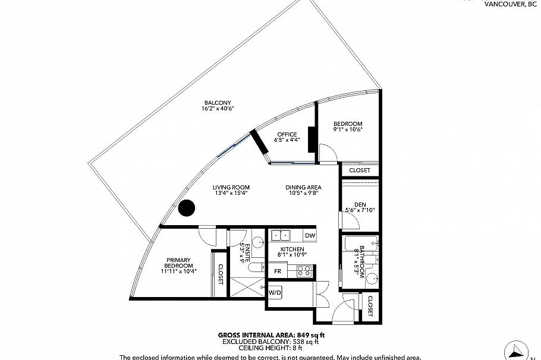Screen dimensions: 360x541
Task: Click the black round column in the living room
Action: point(187,208)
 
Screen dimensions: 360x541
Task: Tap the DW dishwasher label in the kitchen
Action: point(310,236)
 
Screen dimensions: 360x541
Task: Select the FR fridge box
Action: point(277,271)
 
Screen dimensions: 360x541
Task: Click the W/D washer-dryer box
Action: point(275,293)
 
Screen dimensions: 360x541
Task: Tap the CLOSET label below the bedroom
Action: point(360,170)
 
